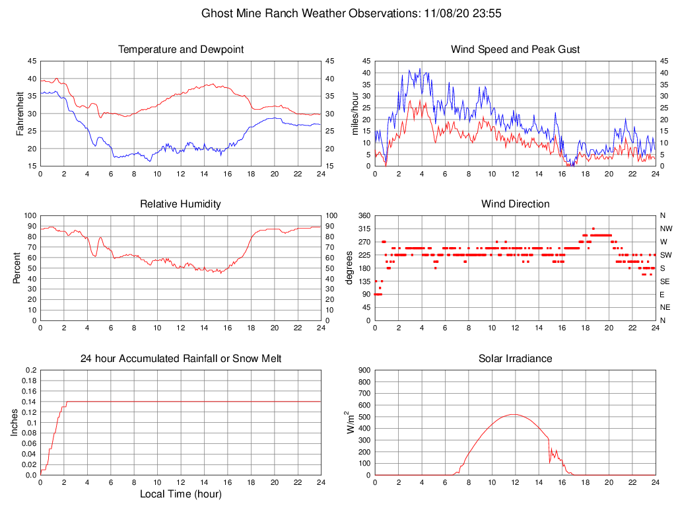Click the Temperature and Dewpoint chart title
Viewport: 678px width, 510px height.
click(x=180, y=50)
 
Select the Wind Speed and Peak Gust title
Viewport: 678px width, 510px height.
click(x=515, y=50)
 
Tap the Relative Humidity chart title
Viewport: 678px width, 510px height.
click(x=180, y=204)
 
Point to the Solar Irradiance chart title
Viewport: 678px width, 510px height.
click(x=515, y=359)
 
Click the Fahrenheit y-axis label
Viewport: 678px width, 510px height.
click(x=20, y=113)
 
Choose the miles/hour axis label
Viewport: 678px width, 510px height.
click(x=355, y=113)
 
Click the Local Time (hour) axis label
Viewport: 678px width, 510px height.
click(x=180, y=494)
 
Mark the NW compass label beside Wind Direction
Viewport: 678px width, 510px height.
click(x=665, y=229)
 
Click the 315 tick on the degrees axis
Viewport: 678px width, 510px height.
click(x=364, y=229)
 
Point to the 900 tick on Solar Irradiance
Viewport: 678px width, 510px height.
click(x=364, y=370)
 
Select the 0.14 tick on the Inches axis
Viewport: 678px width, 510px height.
click(x=31, y=402)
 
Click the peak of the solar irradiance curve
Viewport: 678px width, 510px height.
click(x=514, y=414)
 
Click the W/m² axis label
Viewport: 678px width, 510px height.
click(x=351, y=422)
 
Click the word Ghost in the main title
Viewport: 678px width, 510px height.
click(x=217, y=13)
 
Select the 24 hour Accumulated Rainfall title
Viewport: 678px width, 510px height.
click(x=180, y=359)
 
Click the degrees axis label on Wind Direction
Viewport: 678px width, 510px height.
click(x=350, y=268)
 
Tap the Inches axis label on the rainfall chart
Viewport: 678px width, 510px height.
click(x=15, y=422)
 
